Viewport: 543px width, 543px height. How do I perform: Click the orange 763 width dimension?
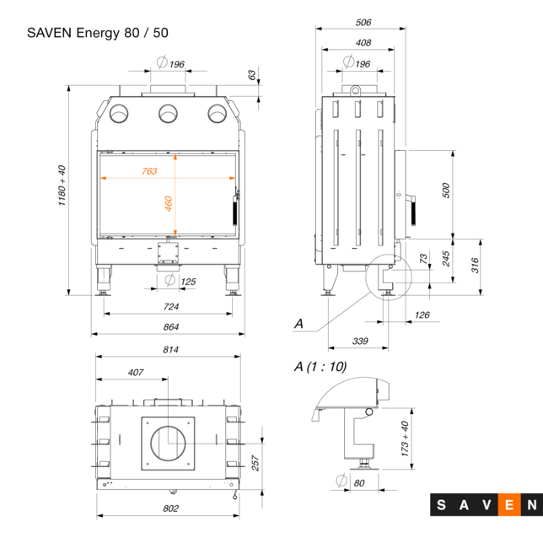click(148, 171)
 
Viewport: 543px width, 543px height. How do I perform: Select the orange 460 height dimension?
click(169, 203)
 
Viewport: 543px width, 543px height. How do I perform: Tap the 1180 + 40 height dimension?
click(62, 189)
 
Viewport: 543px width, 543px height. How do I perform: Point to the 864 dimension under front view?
click(170, 326)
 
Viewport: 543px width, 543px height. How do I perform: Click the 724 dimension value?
click(170, 306)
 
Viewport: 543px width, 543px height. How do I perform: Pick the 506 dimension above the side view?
click(363, 23)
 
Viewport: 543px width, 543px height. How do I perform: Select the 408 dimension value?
click(363, 42)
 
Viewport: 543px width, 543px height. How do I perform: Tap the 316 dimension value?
click(475, 265)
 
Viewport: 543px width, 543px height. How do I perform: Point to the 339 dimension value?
click(359, 341)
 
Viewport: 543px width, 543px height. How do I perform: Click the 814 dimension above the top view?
click(169, 352)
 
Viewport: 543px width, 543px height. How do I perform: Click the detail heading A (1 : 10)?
click(320, 366)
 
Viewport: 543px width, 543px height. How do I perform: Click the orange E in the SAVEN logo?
click(509, 506)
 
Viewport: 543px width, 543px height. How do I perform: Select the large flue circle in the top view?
click(169, 441)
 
